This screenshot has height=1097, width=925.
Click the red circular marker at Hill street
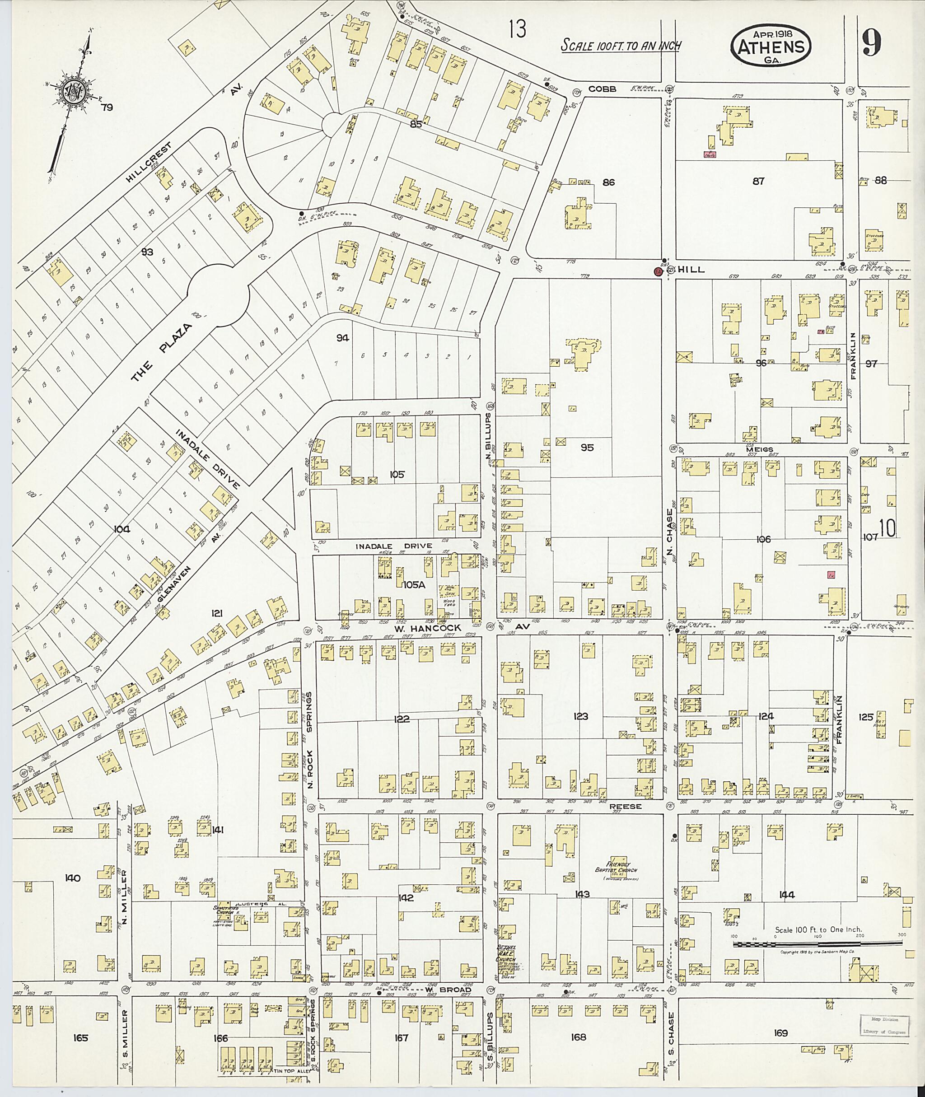(x=657, y=271)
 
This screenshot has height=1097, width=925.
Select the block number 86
(x=609, y=182)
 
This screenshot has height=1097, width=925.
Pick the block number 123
(x=580, y=716)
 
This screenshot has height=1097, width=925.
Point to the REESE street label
(x=626, y=807)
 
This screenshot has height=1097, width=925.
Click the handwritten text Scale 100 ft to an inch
(x=620, y=46)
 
